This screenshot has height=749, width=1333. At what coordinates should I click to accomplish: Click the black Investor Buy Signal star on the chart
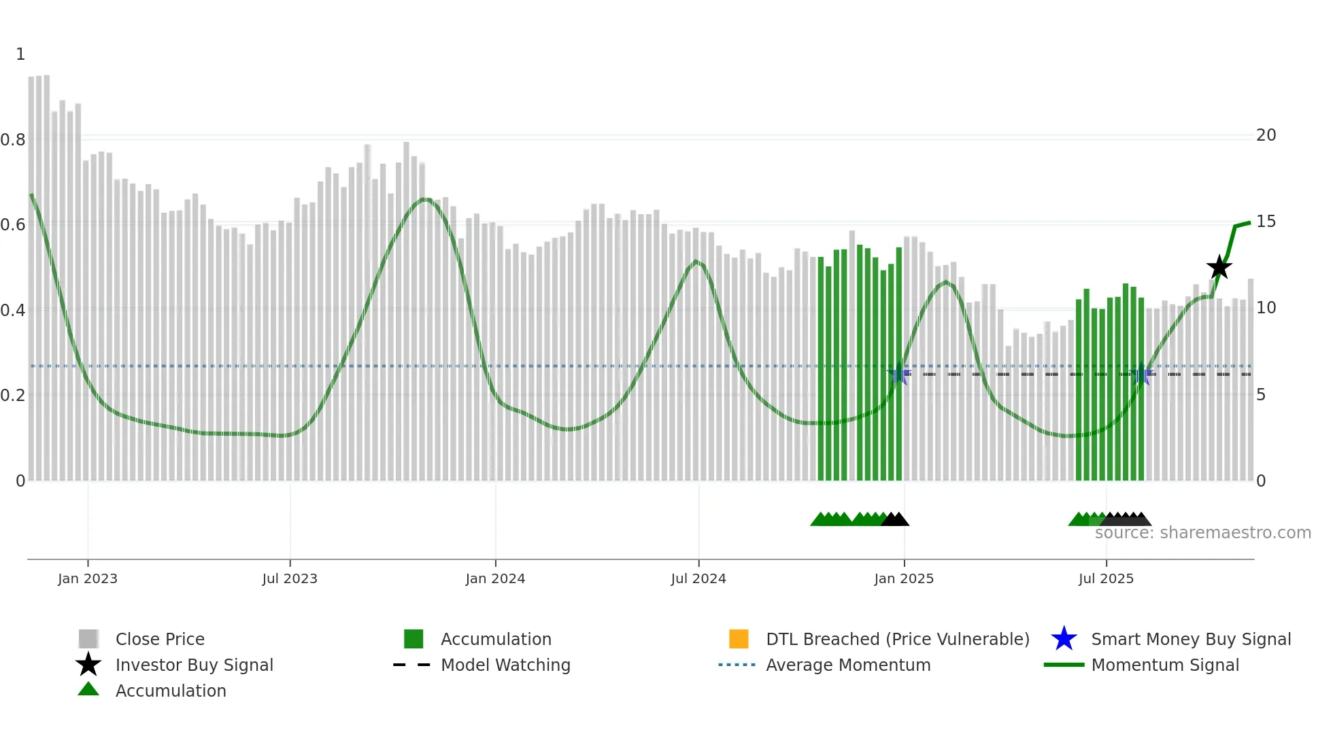point(1219,267)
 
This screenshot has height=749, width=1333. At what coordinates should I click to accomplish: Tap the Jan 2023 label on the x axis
point(88,578)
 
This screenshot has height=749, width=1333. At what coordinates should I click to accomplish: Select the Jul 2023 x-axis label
point(290,578)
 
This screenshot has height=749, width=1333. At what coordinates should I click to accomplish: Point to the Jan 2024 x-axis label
point(495,578)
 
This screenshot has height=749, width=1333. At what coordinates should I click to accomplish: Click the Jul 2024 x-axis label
point(698,578)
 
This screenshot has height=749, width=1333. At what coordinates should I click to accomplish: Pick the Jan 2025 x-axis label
point(904,578)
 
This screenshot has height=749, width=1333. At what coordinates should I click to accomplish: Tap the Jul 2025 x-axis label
point(1106,578)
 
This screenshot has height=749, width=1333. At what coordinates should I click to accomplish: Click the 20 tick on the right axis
point(1266,135)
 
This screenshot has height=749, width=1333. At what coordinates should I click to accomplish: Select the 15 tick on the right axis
point(1266,222)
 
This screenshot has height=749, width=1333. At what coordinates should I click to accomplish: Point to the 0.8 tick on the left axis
point(13,140)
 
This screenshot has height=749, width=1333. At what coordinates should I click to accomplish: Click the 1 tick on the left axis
point(20,54)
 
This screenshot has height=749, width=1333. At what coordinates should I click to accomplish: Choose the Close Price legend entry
point(160,639)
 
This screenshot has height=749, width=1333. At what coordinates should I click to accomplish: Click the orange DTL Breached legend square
point(739,639)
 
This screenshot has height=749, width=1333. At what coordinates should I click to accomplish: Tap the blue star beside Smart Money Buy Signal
point(1064,639)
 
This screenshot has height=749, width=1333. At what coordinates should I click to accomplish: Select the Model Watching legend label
point(505,665)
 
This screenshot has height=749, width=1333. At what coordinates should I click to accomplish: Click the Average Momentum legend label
point(848,665)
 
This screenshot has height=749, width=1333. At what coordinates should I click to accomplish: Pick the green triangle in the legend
point(88,690)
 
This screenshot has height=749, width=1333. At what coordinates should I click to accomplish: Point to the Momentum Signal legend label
point(1165,665)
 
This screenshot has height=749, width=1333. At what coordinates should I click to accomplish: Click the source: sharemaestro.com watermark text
point(1202,533)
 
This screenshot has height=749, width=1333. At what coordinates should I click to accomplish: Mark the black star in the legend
point(88,665)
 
